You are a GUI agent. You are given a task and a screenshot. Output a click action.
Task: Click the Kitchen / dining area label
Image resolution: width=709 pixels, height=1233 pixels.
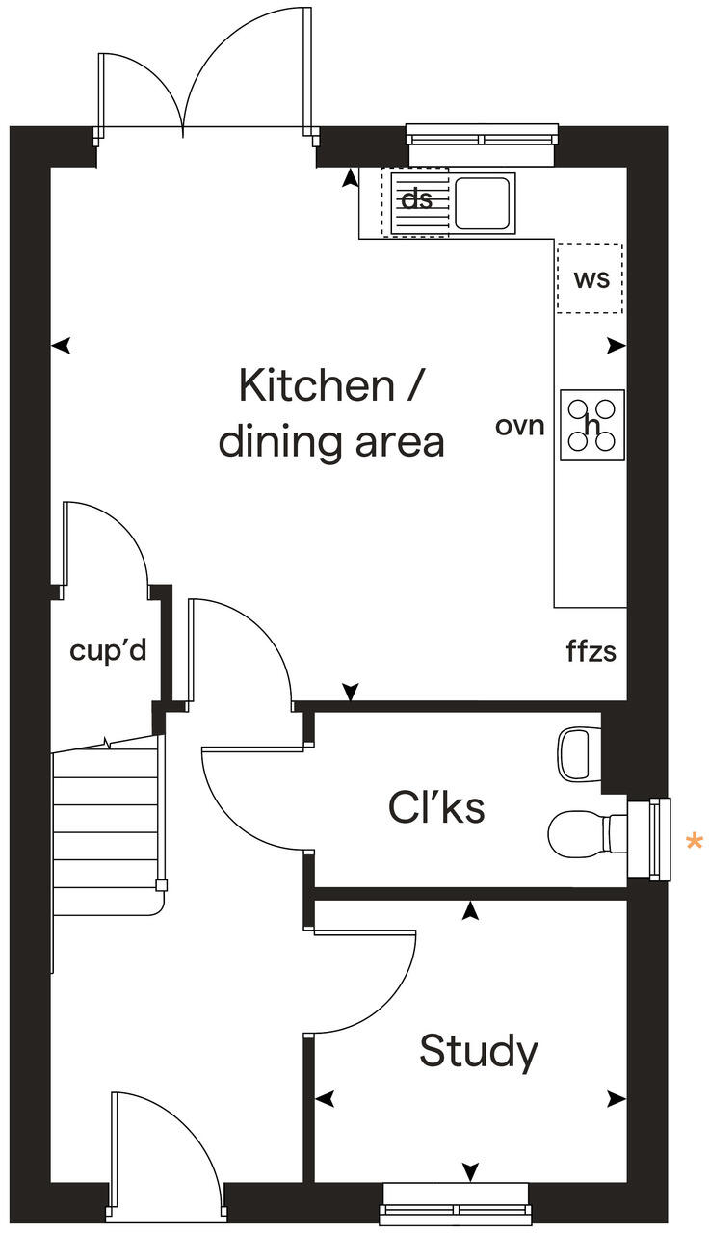330,414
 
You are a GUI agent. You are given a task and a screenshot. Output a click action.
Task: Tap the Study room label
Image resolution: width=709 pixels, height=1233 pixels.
478,1051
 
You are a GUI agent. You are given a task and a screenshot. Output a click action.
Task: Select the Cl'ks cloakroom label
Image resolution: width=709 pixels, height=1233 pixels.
436,807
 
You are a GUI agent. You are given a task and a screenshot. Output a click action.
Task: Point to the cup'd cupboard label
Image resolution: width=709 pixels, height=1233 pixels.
108,651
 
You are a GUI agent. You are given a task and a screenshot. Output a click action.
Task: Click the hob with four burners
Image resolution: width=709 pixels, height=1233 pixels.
591,425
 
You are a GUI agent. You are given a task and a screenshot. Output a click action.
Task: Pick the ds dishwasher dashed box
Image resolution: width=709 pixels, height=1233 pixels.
416,200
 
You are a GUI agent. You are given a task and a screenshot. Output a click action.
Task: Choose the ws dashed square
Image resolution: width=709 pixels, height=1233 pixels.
590,278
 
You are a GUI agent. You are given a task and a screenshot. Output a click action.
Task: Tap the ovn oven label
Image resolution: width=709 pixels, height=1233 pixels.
520,425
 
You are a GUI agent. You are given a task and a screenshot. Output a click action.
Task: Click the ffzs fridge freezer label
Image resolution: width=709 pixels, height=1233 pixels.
591,652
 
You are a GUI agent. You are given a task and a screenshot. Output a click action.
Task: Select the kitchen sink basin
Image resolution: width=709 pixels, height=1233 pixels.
485,201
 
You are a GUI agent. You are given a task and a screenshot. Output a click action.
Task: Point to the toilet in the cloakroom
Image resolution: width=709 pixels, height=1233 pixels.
588,828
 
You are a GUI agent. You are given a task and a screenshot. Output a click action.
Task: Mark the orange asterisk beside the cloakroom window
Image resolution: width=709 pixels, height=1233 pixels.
694,843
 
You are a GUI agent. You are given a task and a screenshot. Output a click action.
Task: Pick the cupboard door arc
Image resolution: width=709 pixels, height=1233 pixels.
106,544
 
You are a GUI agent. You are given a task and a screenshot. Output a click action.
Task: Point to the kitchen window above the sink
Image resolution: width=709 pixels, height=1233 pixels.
482,135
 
